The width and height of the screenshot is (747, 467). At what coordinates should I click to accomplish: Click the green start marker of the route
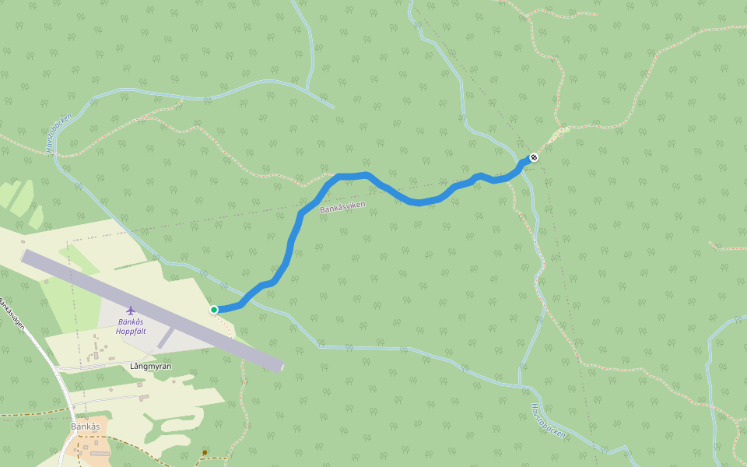point(214,310)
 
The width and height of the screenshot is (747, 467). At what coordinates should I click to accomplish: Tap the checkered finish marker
point(534,158)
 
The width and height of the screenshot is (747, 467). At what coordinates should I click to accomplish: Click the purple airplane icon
point(130,311)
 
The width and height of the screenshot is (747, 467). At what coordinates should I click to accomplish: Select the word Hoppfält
point(131,331)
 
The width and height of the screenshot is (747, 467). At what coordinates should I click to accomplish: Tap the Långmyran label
point(151,366)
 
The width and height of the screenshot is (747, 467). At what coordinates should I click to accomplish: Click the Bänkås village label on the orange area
point(86,427)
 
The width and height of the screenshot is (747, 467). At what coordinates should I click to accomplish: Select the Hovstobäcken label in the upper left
point(58,132)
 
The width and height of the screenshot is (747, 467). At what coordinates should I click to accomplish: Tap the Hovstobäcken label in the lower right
point(548,421)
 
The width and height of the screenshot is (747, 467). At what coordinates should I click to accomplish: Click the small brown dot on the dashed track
point(205,452)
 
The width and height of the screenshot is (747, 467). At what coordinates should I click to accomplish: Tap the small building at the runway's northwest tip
point(23,242)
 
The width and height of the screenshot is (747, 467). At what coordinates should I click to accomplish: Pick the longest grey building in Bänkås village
point(100,453)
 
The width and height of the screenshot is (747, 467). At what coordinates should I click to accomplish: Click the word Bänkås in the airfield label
point(131,321)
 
